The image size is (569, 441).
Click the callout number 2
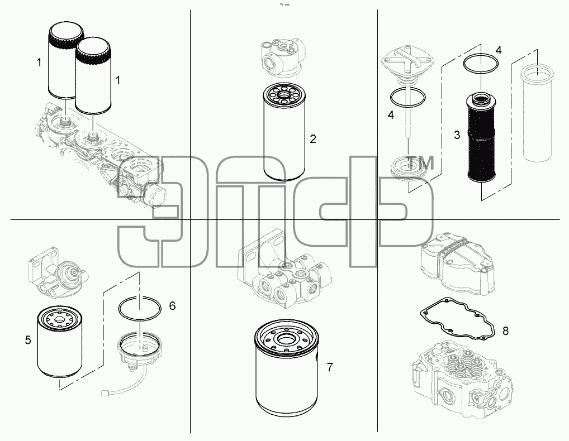(x=313, y=139)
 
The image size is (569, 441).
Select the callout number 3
(x=457, y=135)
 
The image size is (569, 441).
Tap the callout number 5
(x=28, y=341)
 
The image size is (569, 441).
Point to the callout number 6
(x=172, y=306)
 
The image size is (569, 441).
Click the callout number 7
(x=330, y=367)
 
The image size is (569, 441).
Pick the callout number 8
(x=505, y=330)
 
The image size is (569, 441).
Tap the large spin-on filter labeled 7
(x=287, y=368)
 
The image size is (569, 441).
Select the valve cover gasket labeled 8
(x=457, y=319)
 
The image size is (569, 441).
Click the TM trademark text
(x=420, y=163)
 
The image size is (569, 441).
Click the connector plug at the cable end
(x=106, y=392)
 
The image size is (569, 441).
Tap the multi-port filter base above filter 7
(x=284, y=268)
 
